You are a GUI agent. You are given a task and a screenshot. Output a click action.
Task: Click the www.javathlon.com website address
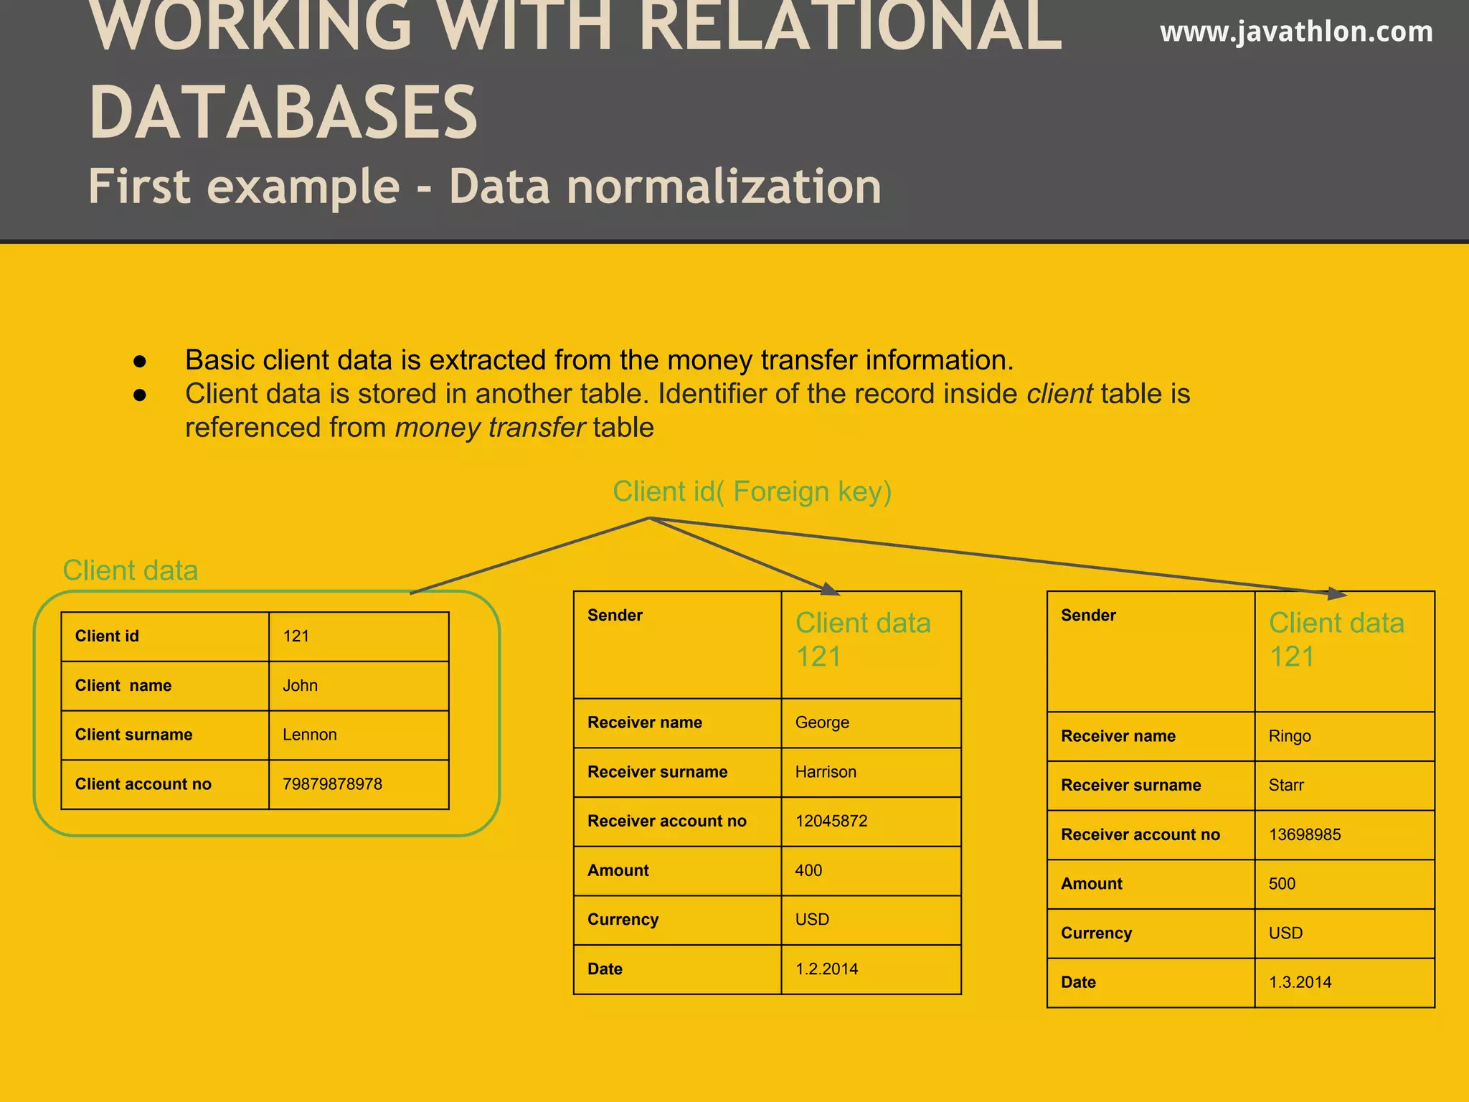click(1296, 32)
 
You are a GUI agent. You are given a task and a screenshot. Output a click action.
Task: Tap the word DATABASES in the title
click(283, 113)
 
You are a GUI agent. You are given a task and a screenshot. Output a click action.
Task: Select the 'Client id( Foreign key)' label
click(752, 492)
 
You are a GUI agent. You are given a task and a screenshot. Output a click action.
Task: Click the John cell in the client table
click(300, 686)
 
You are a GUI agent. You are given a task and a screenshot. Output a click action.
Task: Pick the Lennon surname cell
click(309, 735)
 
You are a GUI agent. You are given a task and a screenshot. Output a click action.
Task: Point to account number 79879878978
click(332, 784)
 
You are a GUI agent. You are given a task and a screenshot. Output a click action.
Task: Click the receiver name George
click(822, 722)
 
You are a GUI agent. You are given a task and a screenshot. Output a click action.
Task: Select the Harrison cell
click(826, 772)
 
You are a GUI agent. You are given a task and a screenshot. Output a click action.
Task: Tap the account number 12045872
click(831, 821)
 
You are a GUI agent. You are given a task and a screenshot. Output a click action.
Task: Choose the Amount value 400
click(808, 870)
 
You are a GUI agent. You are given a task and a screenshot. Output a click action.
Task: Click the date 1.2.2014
click(826, 969)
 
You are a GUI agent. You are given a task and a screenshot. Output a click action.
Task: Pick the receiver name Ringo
click(1289, 736)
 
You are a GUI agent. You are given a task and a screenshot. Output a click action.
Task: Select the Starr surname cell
click(1286, 786)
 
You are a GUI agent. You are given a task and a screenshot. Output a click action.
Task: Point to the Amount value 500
click(1282, 884)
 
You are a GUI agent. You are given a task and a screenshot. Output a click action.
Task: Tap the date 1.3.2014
click(1300, 982)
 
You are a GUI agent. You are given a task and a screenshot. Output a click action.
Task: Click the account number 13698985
click(1305, 834)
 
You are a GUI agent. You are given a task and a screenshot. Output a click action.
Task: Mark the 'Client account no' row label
click(143, 784)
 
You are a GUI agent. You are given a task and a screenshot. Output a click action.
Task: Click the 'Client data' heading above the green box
click(131, 571)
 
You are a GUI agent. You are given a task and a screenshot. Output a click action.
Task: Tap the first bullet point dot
click(140, 362)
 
